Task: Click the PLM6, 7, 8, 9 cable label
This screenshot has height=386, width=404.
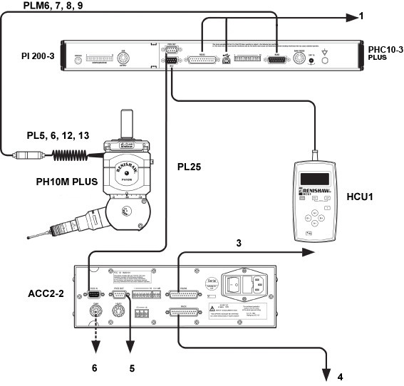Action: [41, 7]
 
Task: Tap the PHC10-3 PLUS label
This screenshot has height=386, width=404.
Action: [385, 53]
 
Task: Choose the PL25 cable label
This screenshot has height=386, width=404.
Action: [190, 167]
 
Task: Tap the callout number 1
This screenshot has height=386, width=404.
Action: [361, 16]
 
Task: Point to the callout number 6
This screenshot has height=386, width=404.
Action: [93, 368]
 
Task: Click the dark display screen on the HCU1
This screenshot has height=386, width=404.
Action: [314, 177]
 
